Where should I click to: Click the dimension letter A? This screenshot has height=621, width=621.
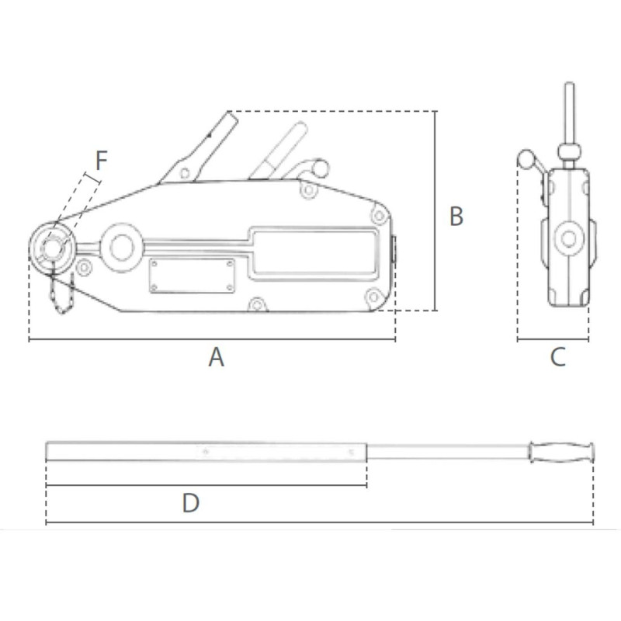(x=216, y=358)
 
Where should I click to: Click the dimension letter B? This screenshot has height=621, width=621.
(x=456, y=217)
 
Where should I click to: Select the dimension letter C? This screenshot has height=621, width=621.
(x=557, y=358)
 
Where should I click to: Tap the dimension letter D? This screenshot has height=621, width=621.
(x=190, y=503)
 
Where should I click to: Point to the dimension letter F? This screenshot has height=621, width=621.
(x=101, y=161)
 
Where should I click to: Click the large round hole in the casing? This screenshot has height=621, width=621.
(x=121, y=247)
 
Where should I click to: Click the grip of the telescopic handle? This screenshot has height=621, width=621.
(x=560, y=452)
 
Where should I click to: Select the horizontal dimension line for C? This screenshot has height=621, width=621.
(x=553, y=340)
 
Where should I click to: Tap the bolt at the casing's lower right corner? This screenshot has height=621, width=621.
(x=373, y=296)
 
